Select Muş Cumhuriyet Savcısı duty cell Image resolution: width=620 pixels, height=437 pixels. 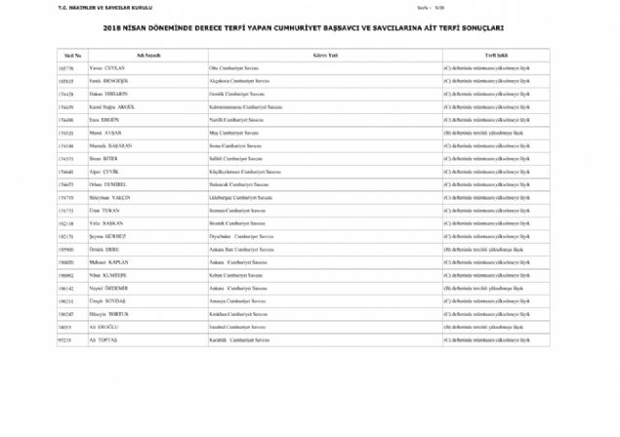coord(229,130)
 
